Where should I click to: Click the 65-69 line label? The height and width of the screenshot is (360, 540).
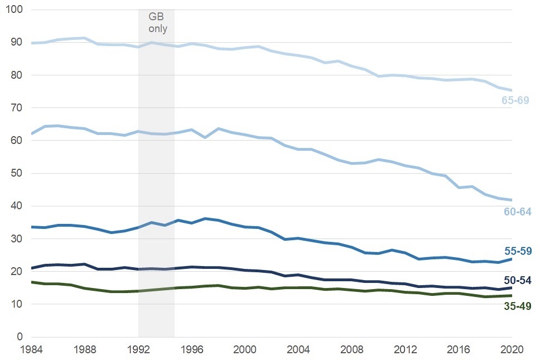(x=516, y=100)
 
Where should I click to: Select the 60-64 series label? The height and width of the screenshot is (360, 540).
(x=516, y=212)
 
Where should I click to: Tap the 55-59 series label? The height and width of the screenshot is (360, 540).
(x=516, y=251)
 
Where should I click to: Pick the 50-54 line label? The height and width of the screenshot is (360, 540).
(x=516, y=280)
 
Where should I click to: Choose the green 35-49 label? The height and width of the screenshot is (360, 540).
(x=516, y=306)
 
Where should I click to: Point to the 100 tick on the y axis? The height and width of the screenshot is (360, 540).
(x=15, y=10)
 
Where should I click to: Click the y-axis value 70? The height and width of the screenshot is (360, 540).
(x=17, y=108)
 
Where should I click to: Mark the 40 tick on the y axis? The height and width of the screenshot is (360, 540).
(x=17, y=206)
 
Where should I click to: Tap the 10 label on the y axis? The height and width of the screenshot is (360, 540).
(x=17, y=304)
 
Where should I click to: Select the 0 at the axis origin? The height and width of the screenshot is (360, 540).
(x=20, y=337)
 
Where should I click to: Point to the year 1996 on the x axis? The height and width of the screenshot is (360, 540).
(x=192, y=348)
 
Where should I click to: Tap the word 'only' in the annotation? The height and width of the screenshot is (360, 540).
(x=157, y=28)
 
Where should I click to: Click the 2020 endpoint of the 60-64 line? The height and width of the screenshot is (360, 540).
(x=511, y=200)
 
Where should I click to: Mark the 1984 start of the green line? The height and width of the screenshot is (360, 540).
(x=31, y=282)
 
